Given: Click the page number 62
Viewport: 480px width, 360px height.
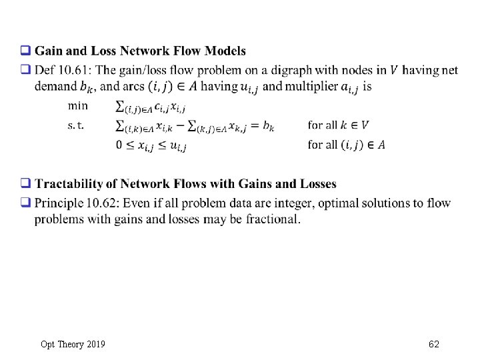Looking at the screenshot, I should [x=434, y=344].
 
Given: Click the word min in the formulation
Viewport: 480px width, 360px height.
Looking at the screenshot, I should [x=77, y=105].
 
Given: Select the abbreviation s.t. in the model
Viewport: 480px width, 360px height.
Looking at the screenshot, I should [x=76, y=125].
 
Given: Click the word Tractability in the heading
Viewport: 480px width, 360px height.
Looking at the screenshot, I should [x=69, y=184].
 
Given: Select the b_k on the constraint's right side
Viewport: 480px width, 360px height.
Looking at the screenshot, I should [x=268, y=126].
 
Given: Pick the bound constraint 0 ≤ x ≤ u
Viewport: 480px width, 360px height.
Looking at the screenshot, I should [x=151, y=146].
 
